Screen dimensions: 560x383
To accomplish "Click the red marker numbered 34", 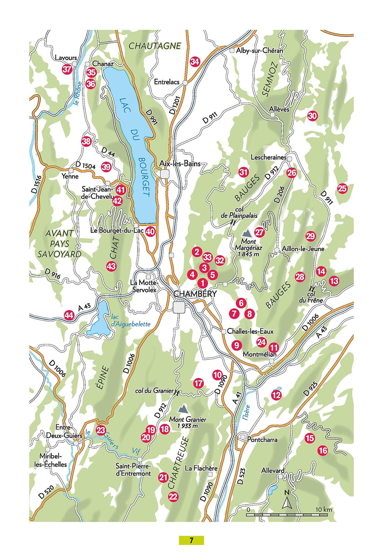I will [195, 62].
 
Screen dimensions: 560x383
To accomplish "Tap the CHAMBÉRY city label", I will [195, 294].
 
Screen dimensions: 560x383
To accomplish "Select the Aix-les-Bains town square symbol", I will [165, 174].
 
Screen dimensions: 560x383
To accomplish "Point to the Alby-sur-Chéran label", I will [259, 51].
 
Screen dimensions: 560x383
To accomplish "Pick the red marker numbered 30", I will [312, 116].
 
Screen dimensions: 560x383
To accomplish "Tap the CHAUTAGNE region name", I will [155, 46].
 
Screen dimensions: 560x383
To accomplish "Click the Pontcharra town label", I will [262, 439].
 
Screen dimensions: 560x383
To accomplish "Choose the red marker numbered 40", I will [150, 232].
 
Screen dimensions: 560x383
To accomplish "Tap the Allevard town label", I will [273, 471].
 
